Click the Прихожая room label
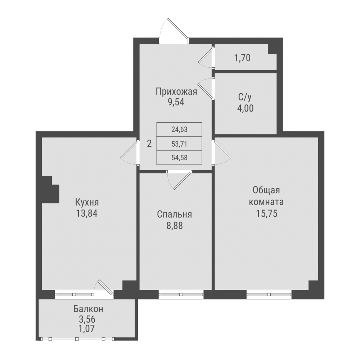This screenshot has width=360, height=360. [x=176, y=91]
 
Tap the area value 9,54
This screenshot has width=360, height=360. [x=176, y=102]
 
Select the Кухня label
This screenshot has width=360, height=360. [x=87, y=202]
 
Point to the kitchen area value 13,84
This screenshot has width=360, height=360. [x=87, y=213]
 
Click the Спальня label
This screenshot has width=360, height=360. [x=175, y=215]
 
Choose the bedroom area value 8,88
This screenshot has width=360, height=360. [x=175, y=226]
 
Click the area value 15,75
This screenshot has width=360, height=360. [x=266, y=213]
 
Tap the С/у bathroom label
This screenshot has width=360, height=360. [x=245, y=97]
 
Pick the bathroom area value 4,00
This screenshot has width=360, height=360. [x=245, y=108]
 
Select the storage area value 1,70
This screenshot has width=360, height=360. [x=242, y=57]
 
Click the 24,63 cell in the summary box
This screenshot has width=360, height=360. [x=180, y=129]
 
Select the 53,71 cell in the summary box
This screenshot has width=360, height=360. [x=180, y=144]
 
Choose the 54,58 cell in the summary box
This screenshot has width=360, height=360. [x=180, y=157]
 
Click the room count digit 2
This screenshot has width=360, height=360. [x=149, y=144]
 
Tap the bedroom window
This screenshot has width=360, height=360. [x=181, y=294]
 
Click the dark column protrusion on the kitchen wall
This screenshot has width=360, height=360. [x=50, y=189]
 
